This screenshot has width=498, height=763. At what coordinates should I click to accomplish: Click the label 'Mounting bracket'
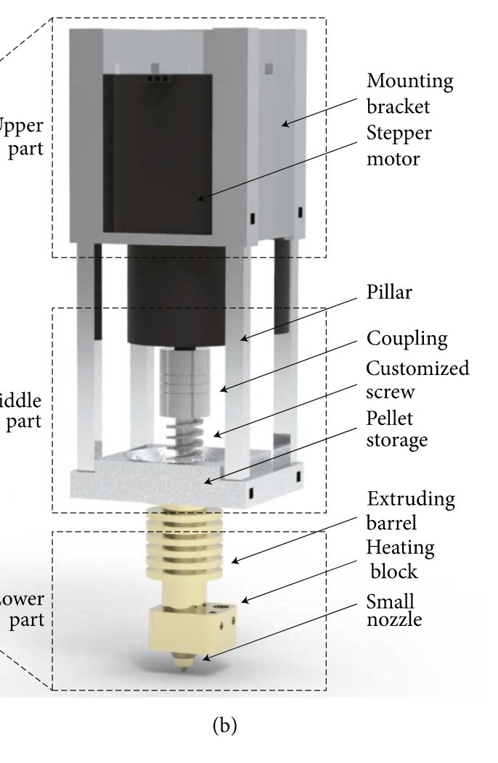tap(410, 93)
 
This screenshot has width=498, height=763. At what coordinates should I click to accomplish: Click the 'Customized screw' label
tap(417, 378)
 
